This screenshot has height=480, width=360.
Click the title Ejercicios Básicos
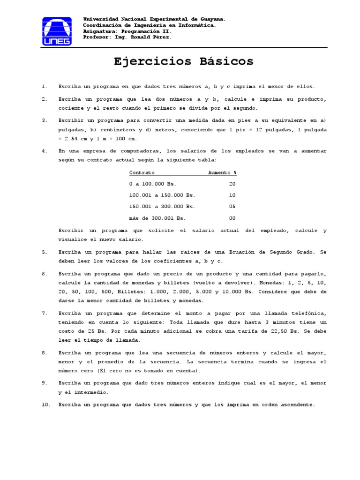pos(183,61)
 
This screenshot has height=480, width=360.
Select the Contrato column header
pos(142,172)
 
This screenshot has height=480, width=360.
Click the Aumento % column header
pos(222,172)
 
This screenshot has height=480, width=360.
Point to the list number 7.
pos(45,313)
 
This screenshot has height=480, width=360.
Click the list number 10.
pos(45,404)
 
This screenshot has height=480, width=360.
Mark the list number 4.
pos(45,151)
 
